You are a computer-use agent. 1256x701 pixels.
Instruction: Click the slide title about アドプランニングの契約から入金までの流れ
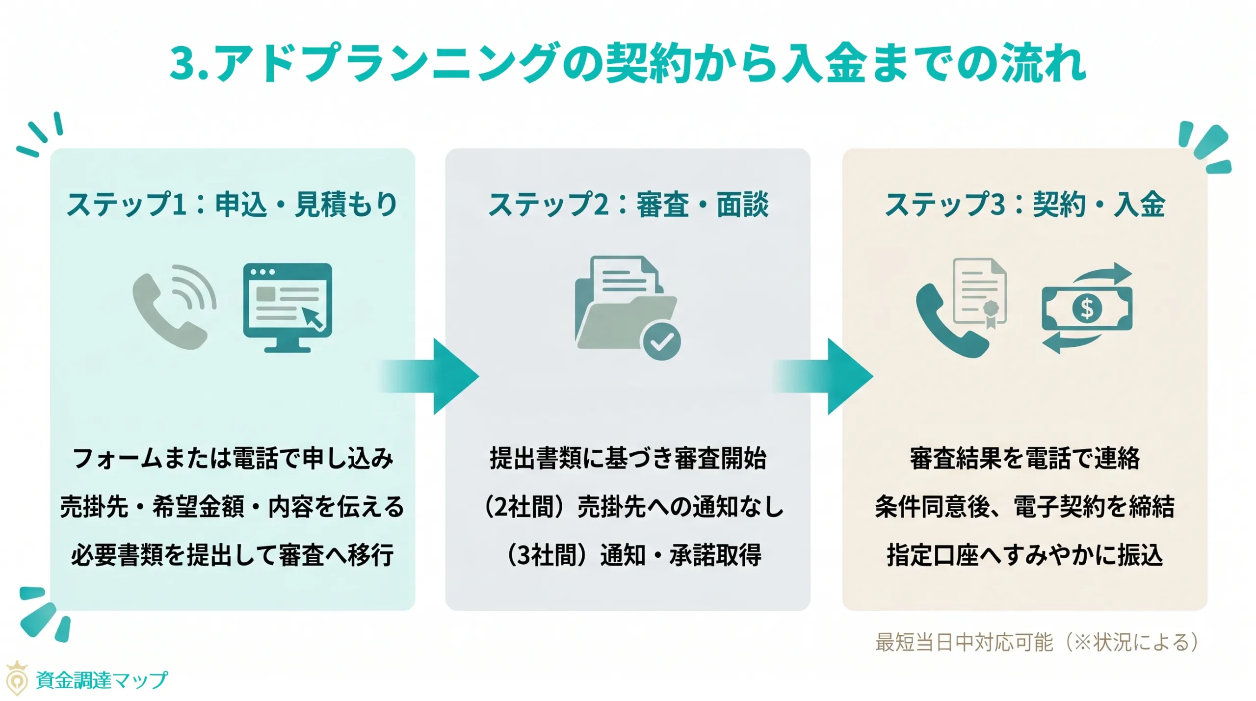coord(628,63)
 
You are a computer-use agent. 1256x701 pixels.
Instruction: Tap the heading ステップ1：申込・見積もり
coord(232,204)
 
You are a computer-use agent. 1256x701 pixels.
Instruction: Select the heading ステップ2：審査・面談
coord(628,204)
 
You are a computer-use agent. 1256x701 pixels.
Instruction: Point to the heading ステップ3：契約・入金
coord(1024,204)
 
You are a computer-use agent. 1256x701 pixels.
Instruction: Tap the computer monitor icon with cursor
coord(288,307)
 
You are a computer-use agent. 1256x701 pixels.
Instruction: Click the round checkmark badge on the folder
coord(661,341)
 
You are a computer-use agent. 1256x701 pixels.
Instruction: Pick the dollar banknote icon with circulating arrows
coord(1087,308)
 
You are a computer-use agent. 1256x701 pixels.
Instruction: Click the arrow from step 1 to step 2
coord(432,376)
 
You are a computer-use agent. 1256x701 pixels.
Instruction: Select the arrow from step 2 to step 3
coord(826,376)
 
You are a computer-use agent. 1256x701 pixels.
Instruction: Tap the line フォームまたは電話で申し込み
coord(233,458)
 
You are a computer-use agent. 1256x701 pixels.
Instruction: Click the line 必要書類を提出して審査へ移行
coord(233,555)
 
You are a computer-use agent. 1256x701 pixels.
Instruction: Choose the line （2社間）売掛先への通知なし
coord(633,506)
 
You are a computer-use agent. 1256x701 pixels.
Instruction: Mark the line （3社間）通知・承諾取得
coord(633,555)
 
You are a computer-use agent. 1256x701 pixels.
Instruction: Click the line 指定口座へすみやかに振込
coord(1024,555)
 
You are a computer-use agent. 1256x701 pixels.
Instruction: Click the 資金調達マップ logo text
coord(101,680)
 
